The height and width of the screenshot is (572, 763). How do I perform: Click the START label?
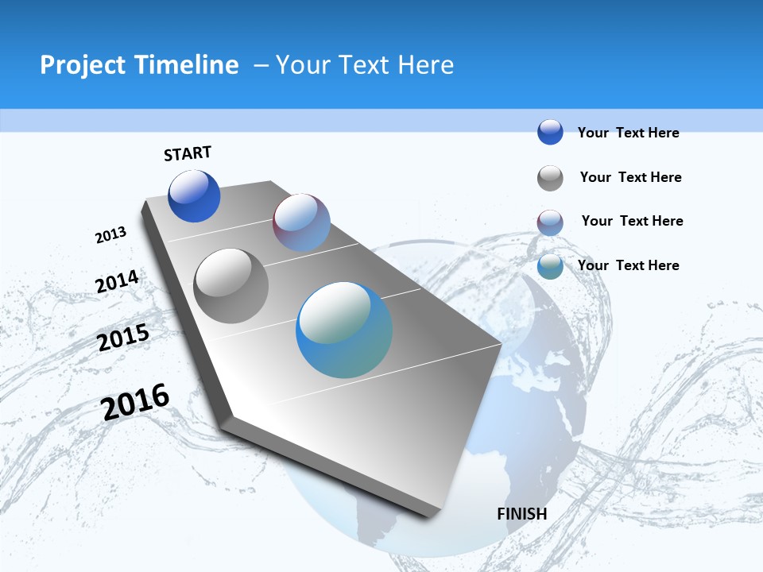(x=188, y=153)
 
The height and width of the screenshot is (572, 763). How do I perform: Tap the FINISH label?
(x=522, y=514)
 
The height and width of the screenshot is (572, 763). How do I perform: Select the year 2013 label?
(x=111, y=235)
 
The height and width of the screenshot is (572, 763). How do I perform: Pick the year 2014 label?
(x=118, y=282)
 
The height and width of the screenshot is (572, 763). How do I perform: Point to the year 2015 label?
(x=123, y=338)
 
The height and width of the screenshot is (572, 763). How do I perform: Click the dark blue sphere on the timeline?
(x=194, y=196)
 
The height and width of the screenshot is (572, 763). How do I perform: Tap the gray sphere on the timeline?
(x=231, y=286)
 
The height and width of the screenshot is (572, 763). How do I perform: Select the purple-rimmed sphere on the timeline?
(x=301, y=222)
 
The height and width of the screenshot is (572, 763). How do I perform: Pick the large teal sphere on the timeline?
(x=344, y=330)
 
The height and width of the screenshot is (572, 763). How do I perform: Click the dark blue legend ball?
(x=550, y=132)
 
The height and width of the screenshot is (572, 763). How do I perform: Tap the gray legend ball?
(x=550, y=178)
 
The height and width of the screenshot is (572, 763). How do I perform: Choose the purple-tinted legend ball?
(x=550, y=222)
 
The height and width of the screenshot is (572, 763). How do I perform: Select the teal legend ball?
(x=550, y=267)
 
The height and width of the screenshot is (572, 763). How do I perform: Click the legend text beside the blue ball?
(x=628, y=133)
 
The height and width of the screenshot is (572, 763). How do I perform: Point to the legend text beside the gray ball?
(x=630, y=177)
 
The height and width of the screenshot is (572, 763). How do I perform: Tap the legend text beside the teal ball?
(x=628, y=265)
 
